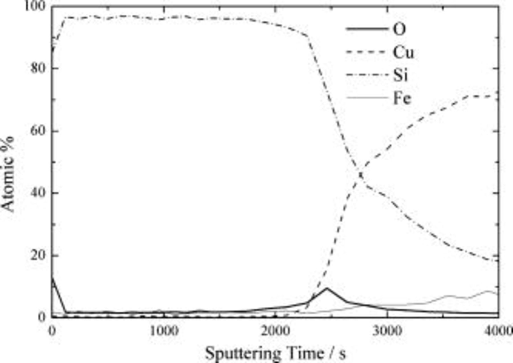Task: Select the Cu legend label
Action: point(403,52)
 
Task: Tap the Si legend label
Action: point(400,75)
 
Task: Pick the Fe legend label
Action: point(402,98)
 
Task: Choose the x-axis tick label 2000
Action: point(276,331)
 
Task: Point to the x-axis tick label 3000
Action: point(387,331)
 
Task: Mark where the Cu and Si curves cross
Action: point(361,174)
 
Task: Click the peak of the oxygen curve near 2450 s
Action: point(327,288)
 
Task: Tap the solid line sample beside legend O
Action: point(367,29)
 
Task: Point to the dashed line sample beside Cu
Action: point(367,52)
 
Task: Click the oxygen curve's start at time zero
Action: point(52,277)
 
